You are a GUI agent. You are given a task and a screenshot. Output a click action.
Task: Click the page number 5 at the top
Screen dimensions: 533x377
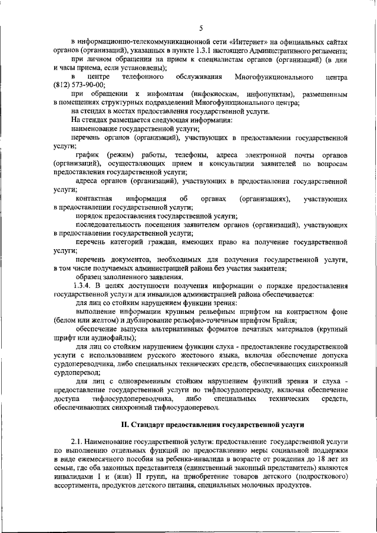201,28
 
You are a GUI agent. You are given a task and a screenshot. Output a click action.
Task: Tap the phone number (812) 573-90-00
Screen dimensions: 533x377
79,85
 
